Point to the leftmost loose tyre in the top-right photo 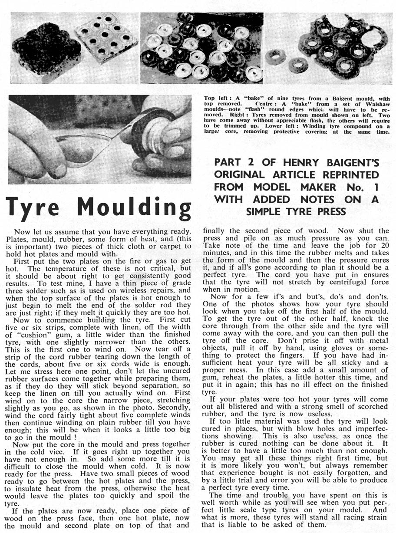[x=275, y=57]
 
